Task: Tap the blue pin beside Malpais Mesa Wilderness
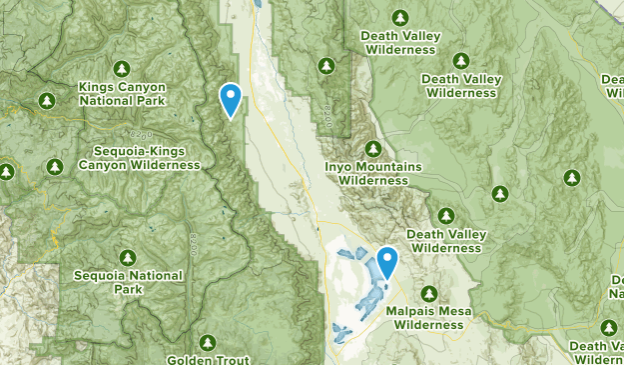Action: pyautogui.click(x=385, y=263)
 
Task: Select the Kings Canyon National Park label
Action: pyautogui.click(x=124, y=94)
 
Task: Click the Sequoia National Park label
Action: pyautogui.click(x=128, y=282)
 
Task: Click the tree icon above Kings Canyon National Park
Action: pyautogui.click(x=122, y=68)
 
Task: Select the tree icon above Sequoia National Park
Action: pyautogui.click(x=128, y=257)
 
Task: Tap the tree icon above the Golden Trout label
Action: pyautogui.click(x=207, y=343)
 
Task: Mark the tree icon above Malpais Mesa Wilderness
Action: pyautogui.click(x=428, y=293)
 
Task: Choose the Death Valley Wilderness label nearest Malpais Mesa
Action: pyautogui.click(x=446, y=241)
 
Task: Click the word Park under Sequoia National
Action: pyautogui.click(x=128, y=289)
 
